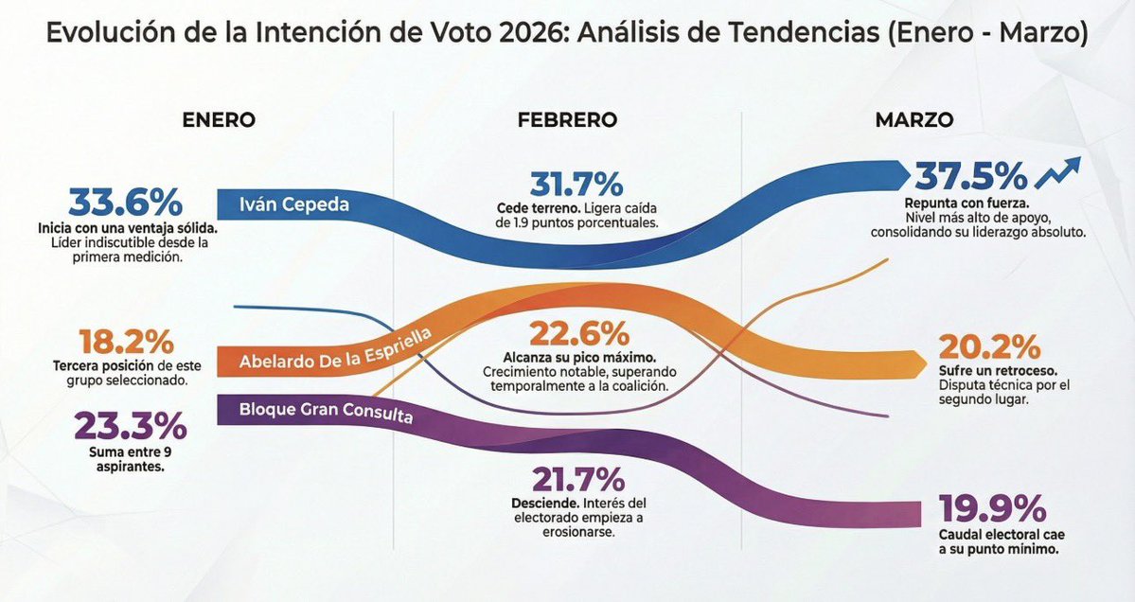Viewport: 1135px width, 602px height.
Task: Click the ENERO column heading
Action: click(x=219, y=120)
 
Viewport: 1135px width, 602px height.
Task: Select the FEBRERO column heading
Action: click(x=567, y=120)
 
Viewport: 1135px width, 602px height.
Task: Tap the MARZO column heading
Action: click(x=913, y=120)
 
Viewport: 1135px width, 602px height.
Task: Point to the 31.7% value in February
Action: click(x=576, y=184)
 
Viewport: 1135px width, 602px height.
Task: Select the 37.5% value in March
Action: click(x=970, y=176)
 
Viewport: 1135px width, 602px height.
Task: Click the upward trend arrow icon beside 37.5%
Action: click(x=1058, y=172)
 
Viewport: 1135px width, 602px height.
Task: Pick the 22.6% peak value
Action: click(x=578, y=333)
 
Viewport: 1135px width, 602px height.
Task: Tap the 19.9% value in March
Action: click(x=993, y=508)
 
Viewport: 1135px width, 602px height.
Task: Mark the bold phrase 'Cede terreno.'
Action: click(x=536, y=208)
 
